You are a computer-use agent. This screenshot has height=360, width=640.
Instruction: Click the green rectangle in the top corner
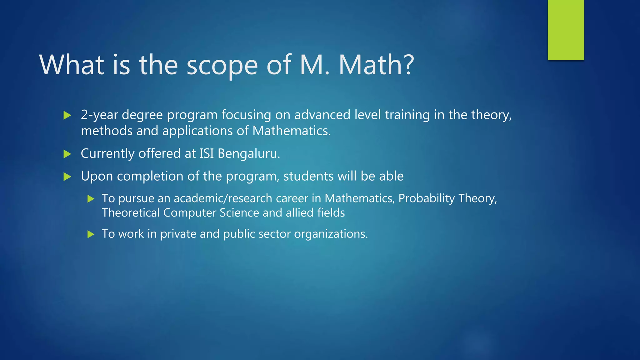click(566, 30)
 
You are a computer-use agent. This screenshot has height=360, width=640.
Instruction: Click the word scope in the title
click(222, 66)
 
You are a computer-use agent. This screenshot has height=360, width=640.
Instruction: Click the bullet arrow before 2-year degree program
click(67, 116)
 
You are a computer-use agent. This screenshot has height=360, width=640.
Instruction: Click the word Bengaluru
click(249, 154)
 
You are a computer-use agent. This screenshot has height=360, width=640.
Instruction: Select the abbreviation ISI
click(207, 154)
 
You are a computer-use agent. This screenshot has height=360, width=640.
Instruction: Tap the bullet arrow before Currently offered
click(67, 154)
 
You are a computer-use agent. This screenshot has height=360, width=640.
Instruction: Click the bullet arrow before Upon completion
click(67, 177)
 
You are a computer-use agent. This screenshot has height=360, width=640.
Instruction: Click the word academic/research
click(223, 199)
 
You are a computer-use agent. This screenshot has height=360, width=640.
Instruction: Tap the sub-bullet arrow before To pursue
click(91, 199)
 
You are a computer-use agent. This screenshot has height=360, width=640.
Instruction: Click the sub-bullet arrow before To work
click(91, 234)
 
